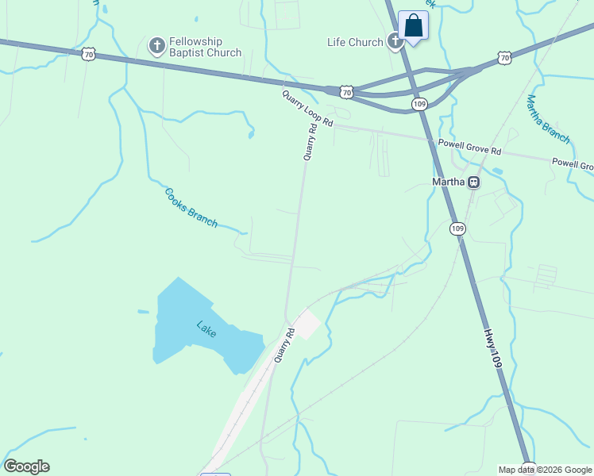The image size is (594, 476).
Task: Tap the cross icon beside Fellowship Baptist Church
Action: click(156, 45)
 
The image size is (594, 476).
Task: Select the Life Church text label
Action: click(355, 42)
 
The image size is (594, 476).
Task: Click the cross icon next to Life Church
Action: click(395, 42)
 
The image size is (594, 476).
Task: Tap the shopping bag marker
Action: click(413, 25)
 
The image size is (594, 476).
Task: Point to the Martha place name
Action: click(447, 182)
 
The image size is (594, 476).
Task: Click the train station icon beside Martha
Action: click(473, 182)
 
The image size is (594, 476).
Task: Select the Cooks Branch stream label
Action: click(191, 208)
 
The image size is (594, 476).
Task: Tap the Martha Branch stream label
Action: click(548, 119)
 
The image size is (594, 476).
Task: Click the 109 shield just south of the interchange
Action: click(420, 104)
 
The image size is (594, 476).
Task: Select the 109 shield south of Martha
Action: click(457, 228)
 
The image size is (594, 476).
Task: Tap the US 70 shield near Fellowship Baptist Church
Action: click(90, 54)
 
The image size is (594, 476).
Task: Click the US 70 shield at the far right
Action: click(504, 57)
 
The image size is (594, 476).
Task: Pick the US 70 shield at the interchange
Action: click(347, 92)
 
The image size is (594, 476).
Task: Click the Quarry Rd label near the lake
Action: click(284, 346)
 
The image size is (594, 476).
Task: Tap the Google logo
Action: click(27, 466)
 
